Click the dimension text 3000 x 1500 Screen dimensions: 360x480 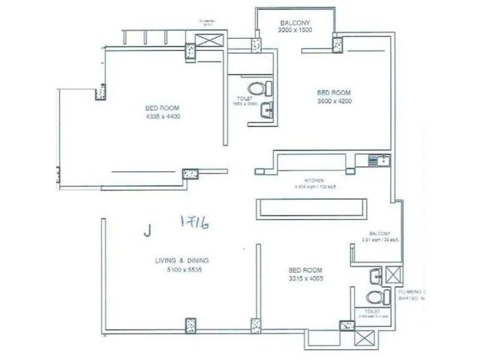coord(295,31)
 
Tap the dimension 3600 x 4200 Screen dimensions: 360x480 coord(334,101)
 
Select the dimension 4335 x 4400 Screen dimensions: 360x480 coord(163,116)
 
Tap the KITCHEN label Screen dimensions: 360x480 coord(314,180)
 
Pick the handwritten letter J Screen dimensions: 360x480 coord(147,230)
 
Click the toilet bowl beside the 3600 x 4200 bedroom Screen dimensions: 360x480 coord(258,89)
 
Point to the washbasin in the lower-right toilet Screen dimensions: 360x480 coord(374,275)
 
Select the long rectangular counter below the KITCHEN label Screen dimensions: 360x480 coord(310,207)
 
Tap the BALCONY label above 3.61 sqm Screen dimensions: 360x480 coord(379,233)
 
